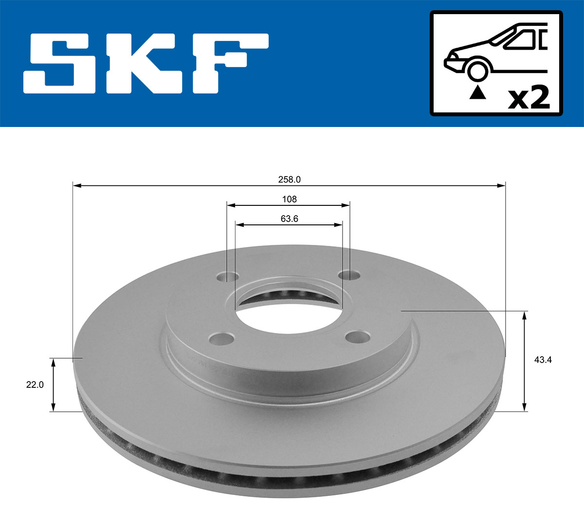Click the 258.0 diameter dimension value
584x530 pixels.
point(289,180)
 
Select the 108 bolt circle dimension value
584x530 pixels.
point(289,199)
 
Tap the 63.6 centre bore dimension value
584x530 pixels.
point(289,219)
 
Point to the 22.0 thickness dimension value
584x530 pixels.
point(35,384)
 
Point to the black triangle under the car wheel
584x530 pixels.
point(477,92)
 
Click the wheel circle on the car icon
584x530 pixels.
point(477,70)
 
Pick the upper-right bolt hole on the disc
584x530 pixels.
point(349,276)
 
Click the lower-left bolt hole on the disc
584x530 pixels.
point(221,338)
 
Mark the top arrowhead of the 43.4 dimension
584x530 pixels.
point(524,315)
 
